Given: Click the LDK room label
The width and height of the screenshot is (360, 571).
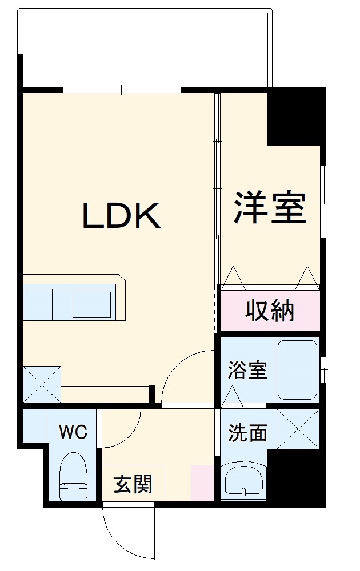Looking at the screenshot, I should point(122,216).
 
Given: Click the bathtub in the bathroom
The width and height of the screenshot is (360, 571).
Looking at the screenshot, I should point(297,370).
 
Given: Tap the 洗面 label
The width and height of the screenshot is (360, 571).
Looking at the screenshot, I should point(247,433).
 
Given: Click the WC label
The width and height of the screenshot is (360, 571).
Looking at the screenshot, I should point(74,432).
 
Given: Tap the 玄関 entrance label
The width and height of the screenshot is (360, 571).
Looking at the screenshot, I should point(133,485).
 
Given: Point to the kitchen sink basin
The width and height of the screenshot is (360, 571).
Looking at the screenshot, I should point(91,304).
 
